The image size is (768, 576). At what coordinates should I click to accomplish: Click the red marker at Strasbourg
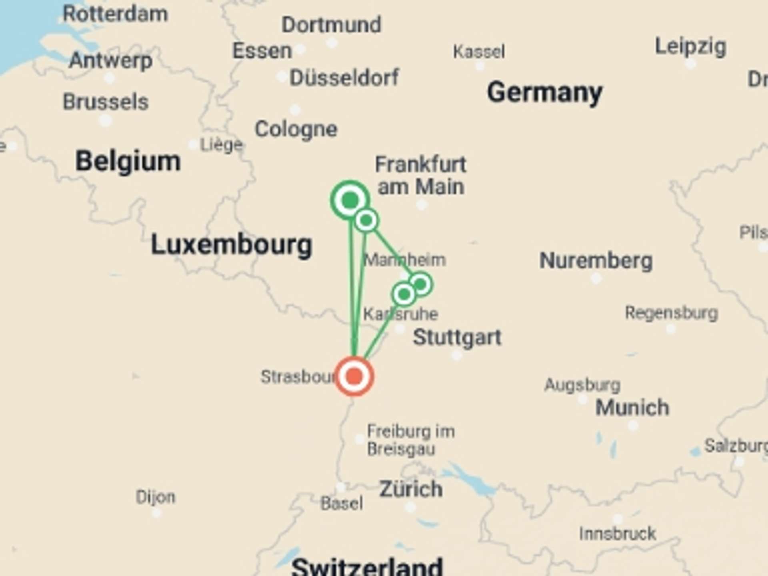(354, 376)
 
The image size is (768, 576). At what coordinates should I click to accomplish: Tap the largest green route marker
(350, 200)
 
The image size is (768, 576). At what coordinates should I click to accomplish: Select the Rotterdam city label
(115, 14)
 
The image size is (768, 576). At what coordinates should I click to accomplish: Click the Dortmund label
(331, 25)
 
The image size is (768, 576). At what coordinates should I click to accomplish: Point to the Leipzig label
(690, 47)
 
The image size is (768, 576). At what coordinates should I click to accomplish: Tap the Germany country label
(544, 93)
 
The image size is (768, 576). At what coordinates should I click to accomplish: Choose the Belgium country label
(128, 161)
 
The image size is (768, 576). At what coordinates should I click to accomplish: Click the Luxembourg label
(231, 245)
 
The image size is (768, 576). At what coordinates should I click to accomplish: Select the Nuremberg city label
(596, 261)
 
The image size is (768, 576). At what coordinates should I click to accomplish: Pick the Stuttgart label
(457, 337)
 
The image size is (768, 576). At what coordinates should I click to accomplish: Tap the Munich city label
(632, 408)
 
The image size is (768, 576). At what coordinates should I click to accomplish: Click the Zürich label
(411, 489)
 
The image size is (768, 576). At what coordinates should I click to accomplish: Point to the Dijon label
(156, 497)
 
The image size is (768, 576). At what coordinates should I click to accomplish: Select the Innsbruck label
(618, 534)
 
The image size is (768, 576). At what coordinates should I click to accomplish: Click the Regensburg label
(672, 313)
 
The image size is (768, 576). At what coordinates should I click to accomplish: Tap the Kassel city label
(479, 52)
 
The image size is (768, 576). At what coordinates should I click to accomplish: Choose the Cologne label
(296, 129)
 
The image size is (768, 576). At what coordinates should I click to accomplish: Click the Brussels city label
(106, 102)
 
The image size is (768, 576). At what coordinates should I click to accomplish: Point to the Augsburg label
(582, 385)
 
